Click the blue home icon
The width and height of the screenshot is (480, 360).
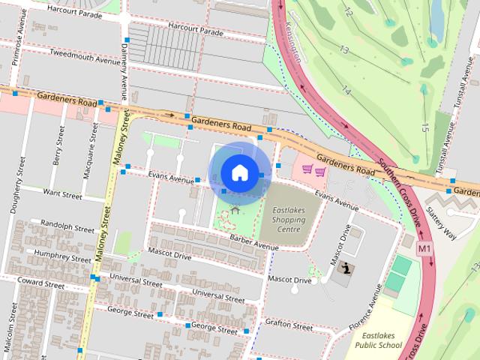click(x=238, y=172)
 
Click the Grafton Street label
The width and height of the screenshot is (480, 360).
click(x=289, y=326)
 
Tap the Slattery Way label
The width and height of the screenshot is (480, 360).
click(x=440, y=225)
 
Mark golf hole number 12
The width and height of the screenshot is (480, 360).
click(x=348, y=13)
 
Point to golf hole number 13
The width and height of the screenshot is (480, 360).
click(x=343, y=49)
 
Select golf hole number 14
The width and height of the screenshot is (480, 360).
click(x=346, y=91)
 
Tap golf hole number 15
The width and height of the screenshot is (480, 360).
click(x=424, y=128)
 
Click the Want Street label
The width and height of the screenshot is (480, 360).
click(x=62, y=194)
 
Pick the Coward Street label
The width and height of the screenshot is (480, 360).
click(x=41, y=284)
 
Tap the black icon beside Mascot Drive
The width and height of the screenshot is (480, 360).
click(x=346, y=268)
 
